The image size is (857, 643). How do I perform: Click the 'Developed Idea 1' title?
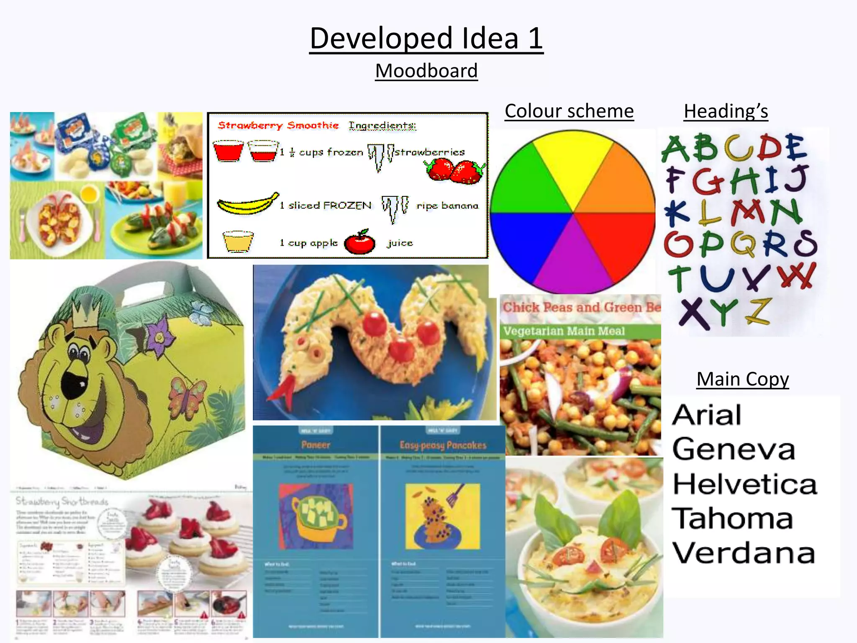(426, 39)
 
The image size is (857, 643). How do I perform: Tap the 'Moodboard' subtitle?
(426, 71)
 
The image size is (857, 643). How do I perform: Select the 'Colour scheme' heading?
(569, 111)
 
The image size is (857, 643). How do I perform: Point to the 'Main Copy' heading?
(742, 379)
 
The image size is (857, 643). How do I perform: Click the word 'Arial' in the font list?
(707, 415)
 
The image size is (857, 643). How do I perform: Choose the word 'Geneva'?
(734, 449)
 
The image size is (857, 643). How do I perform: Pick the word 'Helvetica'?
(744, 484)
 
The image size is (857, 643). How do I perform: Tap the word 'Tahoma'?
(732, 518)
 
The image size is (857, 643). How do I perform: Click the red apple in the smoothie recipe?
(359, 243)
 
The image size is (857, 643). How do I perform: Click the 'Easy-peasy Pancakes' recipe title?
(443, 445)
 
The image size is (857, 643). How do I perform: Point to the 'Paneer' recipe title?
(316, 445)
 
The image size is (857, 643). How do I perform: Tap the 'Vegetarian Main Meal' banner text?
(564, 331)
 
